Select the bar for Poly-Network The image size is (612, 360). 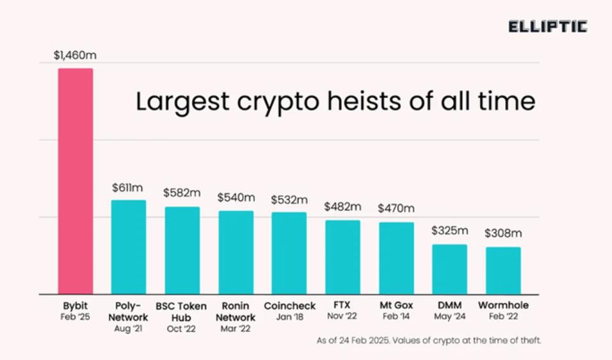click(129, 247)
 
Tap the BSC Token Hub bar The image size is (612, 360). click(182, 250)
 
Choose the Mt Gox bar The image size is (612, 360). click(396, 258)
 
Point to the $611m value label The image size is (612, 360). click(127, 188)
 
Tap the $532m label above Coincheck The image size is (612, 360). click(289, 200)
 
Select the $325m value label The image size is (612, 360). click(449, 231)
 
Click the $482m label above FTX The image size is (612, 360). click(342, 207)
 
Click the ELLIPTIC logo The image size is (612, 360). click(547, 27)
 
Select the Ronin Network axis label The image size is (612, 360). click(236, 311)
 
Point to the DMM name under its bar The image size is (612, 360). click(449, 306)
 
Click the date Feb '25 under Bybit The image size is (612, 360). click(75, 316)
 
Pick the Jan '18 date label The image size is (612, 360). click(289, 317)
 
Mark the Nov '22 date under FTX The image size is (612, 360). click(342, 317)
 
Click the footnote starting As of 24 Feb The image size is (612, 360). click(428, 341)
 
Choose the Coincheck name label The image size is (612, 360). click(289, 306)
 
